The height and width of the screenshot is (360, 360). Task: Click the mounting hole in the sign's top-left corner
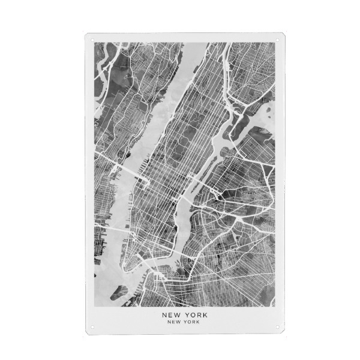tap(92, 40)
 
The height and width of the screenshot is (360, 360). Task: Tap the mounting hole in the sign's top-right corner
tap(277, 40)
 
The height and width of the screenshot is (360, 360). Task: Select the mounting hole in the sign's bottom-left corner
tap(92, 327)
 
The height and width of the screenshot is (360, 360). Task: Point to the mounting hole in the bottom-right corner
tap(277, 327)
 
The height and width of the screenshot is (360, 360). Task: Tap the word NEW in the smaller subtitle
tap(175, 322)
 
